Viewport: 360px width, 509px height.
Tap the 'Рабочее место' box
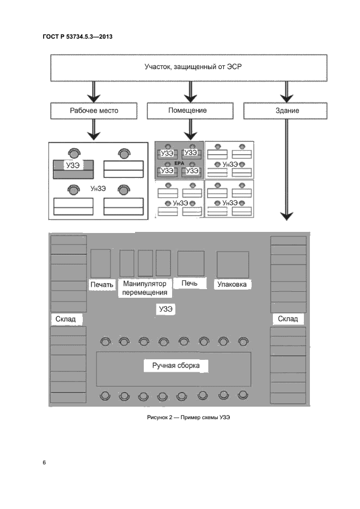pos(94,111)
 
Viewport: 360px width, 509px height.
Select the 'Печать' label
pos(101,284)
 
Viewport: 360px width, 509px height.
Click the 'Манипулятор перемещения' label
pos(144,288)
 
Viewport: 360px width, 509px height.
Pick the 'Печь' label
pos(189,284)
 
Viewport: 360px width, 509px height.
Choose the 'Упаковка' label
pos(232,284)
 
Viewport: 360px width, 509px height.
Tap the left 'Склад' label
pos(69,318)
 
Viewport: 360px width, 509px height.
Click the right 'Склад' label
pos(288,318)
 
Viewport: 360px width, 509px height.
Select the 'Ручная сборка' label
pos(175,366)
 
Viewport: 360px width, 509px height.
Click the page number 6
pos(44,462)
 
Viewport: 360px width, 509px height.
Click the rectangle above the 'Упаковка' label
pos(233,265)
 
